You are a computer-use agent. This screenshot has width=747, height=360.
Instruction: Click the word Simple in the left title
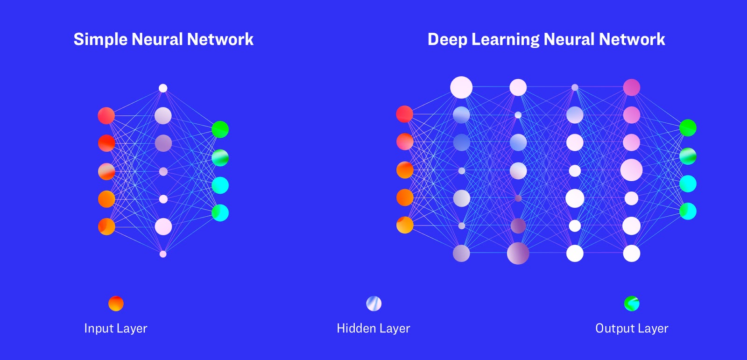coord(101,40)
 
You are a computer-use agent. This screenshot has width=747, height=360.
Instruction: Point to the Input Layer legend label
coord(115,328)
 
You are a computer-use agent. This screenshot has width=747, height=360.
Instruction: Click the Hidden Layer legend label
coord(373,328)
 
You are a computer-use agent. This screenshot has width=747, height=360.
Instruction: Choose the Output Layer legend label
coord(632,328)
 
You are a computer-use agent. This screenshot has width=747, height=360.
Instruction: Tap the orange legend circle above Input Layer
coord(116,304)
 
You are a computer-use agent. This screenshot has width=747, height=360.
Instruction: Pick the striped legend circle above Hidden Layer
coord(374,304)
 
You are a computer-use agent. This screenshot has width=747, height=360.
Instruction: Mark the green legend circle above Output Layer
coord(632,304)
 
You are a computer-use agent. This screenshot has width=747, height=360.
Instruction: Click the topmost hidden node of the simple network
coord(163,88)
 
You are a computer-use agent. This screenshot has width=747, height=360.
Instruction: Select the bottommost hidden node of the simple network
coord(163,254)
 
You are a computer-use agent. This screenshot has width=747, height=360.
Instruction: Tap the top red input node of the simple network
coord(106,116)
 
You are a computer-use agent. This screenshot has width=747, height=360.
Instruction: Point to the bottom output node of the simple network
coord(220,212)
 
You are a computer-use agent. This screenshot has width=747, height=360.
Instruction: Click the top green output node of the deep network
coord(688,128)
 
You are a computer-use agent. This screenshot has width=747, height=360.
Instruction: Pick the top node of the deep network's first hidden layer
coord(461,87)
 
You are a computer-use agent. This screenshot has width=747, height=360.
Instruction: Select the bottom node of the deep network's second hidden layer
coord(518,254)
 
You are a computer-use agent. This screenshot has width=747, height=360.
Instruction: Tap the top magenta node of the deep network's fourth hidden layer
coord(632,87)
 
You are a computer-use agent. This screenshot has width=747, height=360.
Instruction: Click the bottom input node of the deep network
coord(405,225)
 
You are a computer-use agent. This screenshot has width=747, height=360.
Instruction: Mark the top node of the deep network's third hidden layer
coord(575,87)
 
